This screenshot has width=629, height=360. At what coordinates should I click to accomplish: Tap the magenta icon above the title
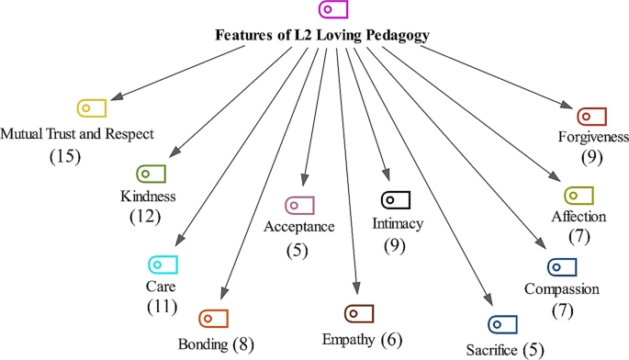pyautogui.click(x=331, y=10)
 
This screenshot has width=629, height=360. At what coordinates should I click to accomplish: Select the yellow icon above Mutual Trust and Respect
pyautogui.click(x=92, y=107)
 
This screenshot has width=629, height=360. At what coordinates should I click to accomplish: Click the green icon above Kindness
pyautogui.click(x=150, y=174)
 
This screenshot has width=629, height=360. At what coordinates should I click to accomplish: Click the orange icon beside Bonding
pyautogui.click(x=213, y=318)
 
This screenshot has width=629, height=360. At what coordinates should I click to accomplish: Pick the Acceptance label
pyautogui.click(x=299, y=225)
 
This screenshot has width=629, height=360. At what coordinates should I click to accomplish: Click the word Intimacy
pyautogui.click(x=395, y=222)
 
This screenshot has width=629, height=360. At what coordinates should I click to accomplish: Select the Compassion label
pyautogui.click(x=562, y=290)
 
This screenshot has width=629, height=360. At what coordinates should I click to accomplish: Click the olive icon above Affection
pyautogui.click(x=578, y=196)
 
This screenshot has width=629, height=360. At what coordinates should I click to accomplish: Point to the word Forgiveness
pyautogui.click(x=592, y=138)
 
